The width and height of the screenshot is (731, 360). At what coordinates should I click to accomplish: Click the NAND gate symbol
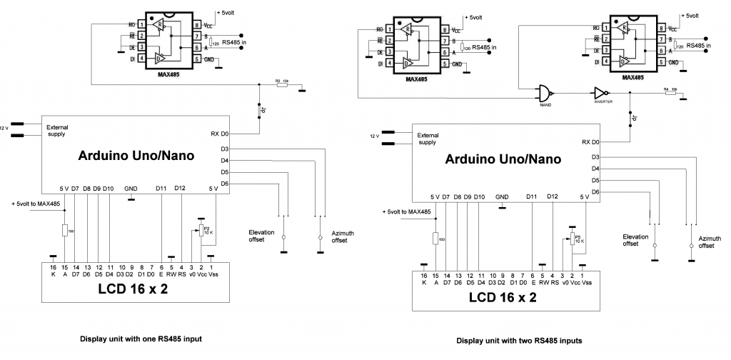(546, 92)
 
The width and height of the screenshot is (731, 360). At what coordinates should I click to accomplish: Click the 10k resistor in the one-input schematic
(281, 84)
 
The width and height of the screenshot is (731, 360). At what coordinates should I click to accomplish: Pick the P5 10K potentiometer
(573, 238)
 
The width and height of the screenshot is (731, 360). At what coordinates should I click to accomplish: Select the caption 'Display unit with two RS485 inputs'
(519, 341)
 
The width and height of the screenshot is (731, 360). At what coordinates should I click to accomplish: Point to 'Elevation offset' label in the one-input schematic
(261, 236)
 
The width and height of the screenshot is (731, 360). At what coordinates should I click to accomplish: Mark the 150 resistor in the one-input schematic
(65, 229)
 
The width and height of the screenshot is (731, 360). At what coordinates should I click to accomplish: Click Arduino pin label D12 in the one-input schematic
(180, 188)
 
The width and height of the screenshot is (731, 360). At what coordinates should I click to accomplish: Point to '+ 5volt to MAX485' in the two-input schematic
(406, 211)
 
